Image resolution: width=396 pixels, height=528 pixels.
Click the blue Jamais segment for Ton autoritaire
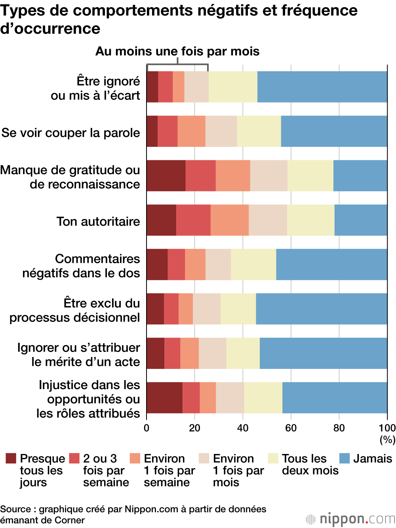click(x=361, y=220)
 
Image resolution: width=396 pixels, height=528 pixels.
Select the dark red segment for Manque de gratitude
click(x=166, y=176)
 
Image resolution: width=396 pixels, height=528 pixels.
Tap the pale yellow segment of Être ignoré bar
click(x=233, y=87)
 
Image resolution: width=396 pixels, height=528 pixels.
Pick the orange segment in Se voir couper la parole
click(x=191, y=131)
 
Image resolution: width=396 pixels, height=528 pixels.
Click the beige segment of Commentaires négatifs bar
click(x=218, y=264)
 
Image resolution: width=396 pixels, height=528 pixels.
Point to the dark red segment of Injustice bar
click(x=164, y=398)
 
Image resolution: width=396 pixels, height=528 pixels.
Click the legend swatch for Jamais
click(x=345, y=458)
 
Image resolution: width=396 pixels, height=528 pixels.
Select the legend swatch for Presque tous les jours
click(x=11, y=458)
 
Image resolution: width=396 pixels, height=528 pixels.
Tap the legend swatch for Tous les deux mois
click(x=273, y=458)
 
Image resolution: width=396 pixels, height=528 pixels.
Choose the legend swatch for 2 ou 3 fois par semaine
click(x=74, y=458)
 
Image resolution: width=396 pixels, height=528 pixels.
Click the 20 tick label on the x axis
click(x=194, y=428)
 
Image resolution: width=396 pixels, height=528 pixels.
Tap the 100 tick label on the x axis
click(x=387, y=428)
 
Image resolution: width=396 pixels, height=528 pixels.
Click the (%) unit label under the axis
click(x=387, y=439)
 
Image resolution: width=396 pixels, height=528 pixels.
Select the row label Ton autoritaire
click(x=98, y=221)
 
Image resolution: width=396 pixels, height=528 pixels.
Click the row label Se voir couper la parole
click(x=70, y=133)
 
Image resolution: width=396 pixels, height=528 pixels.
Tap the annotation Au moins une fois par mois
click(x=177, y=51)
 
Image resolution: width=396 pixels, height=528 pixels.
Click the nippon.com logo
click(x=351, y=519)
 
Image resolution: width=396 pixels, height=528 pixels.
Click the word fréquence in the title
click(x=320, y=10)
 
